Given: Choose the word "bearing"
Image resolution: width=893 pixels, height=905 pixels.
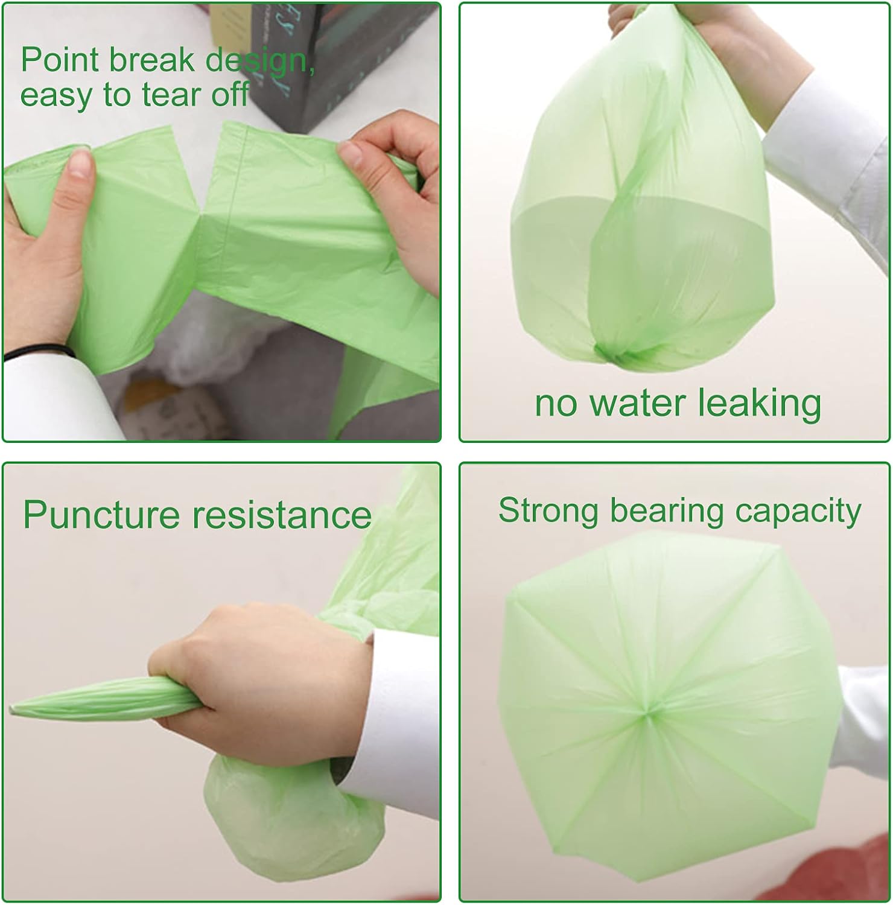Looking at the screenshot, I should point(666,512).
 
